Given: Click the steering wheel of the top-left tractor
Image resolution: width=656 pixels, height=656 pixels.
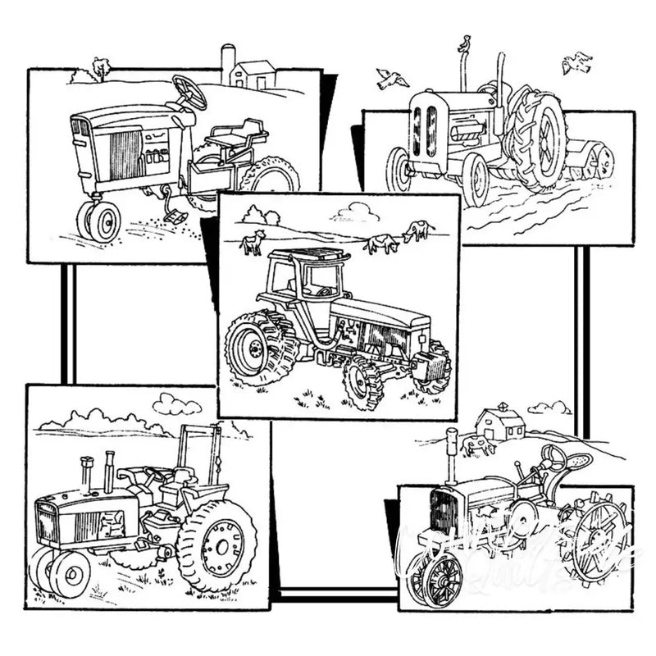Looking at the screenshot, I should [x=189, y=91].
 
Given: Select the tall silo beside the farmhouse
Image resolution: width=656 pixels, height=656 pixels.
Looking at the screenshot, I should [x=228, y=64].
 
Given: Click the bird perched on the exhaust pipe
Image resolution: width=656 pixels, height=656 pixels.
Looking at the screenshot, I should [x=465, y=43].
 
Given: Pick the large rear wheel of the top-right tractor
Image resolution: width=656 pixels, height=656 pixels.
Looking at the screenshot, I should [x=535, y=139].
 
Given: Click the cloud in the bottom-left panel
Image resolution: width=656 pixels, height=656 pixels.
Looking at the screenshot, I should [x=177, y=403].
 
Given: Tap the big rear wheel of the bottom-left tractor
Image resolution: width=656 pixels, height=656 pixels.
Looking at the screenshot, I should [x=216, y=544].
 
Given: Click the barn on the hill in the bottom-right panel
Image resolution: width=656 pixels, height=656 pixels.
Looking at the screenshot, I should [x=500, y=423].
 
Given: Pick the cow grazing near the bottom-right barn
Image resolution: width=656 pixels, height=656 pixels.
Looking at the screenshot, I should [x=477, y=446].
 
